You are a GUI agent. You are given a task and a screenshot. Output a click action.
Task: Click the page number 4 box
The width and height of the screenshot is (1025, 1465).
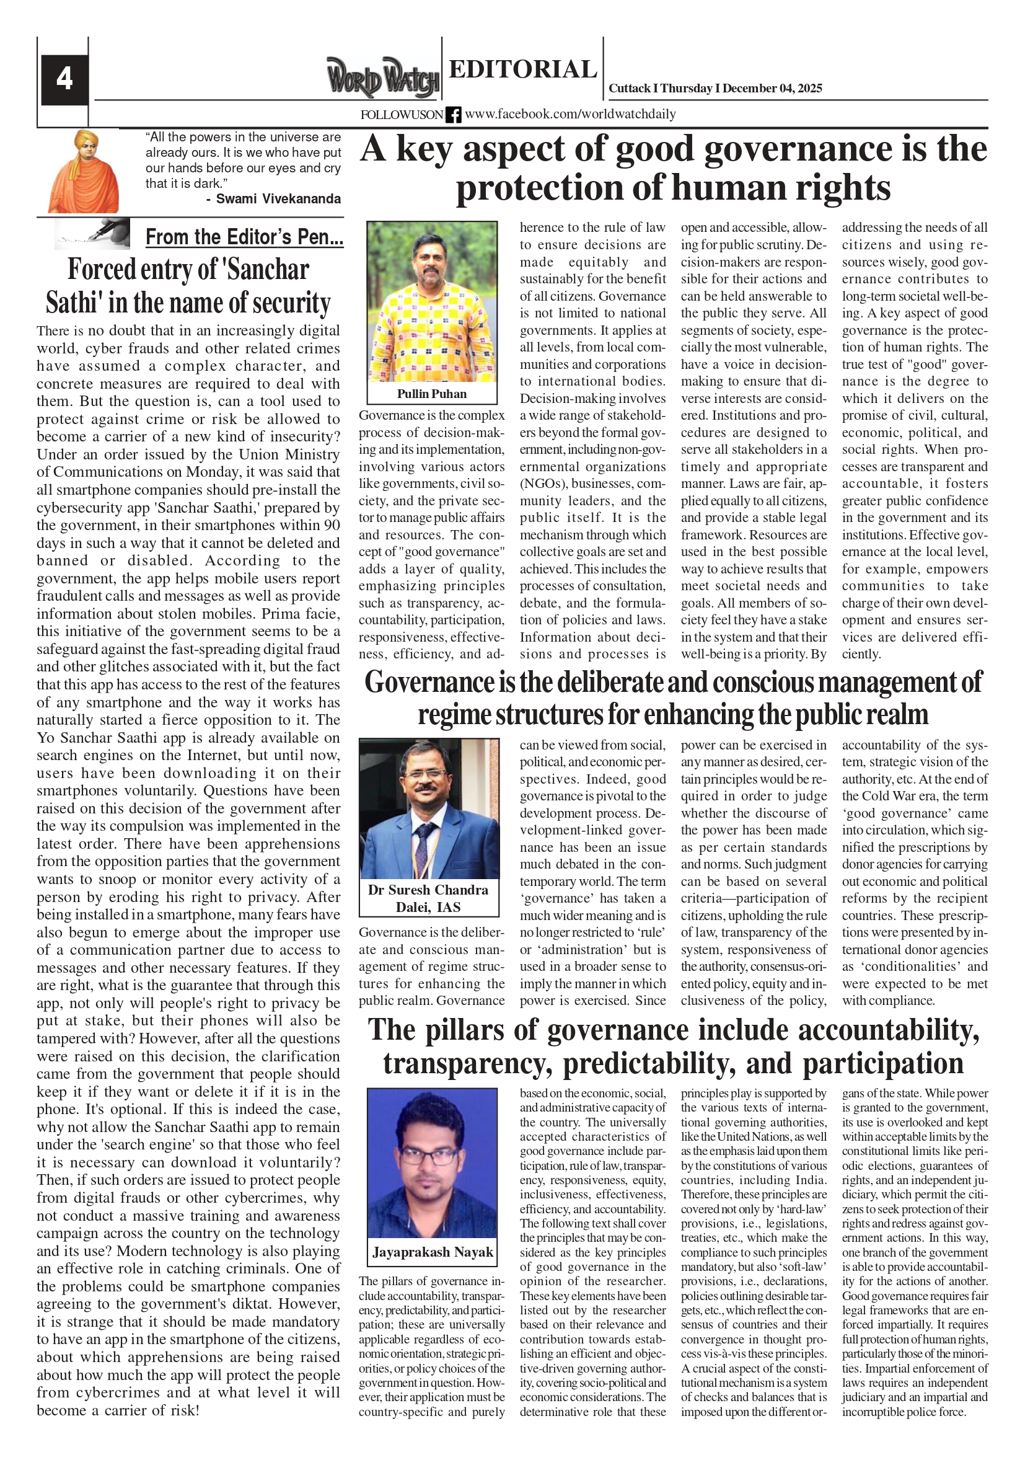tap(64, 79)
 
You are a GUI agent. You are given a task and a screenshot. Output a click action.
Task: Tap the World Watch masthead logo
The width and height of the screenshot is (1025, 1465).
tap(383, 78)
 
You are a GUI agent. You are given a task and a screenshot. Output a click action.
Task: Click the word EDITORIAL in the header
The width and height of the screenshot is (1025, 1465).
tap(522, 69)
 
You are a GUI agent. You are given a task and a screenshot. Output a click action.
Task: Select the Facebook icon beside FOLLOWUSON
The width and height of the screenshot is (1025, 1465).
tap(453, 115)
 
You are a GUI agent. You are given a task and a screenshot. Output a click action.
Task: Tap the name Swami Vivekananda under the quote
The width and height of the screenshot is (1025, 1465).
tap(278, 198)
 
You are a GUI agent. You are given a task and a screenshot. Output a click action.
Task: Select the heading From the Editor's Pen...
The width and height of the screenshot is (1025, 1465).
tap(244, 237)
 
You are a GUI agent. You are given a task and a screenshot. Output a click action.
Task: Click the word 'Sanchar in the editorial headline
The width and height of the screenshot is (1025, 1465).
tap(268, 269)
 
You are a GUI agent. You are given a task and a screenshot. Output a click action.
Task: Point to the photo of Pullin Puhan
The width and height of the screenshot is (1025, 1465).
tap(432, 301)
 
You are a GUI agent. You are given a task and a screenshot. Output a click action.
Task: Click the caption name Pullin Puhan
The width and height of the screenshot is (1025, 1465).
tap(432, 394)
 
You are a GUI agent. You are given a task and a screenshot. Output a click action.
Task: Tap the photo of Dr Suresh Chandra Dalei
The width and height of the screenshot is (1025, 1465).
tap(429, 808)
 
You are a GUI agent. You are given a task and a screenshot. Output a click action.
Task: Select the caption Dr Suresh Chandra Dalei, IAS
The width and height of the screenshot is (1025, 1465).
tap(428, 898)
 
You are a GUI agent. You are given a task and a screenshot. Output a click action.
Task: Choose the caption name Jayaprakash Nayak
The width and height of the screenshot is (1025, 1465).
tap(433, 1252)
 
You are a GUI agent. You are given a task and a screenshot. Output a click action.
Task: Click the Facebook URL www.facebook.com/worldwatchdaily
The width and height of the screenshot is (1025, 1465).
tap(570, 114)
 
